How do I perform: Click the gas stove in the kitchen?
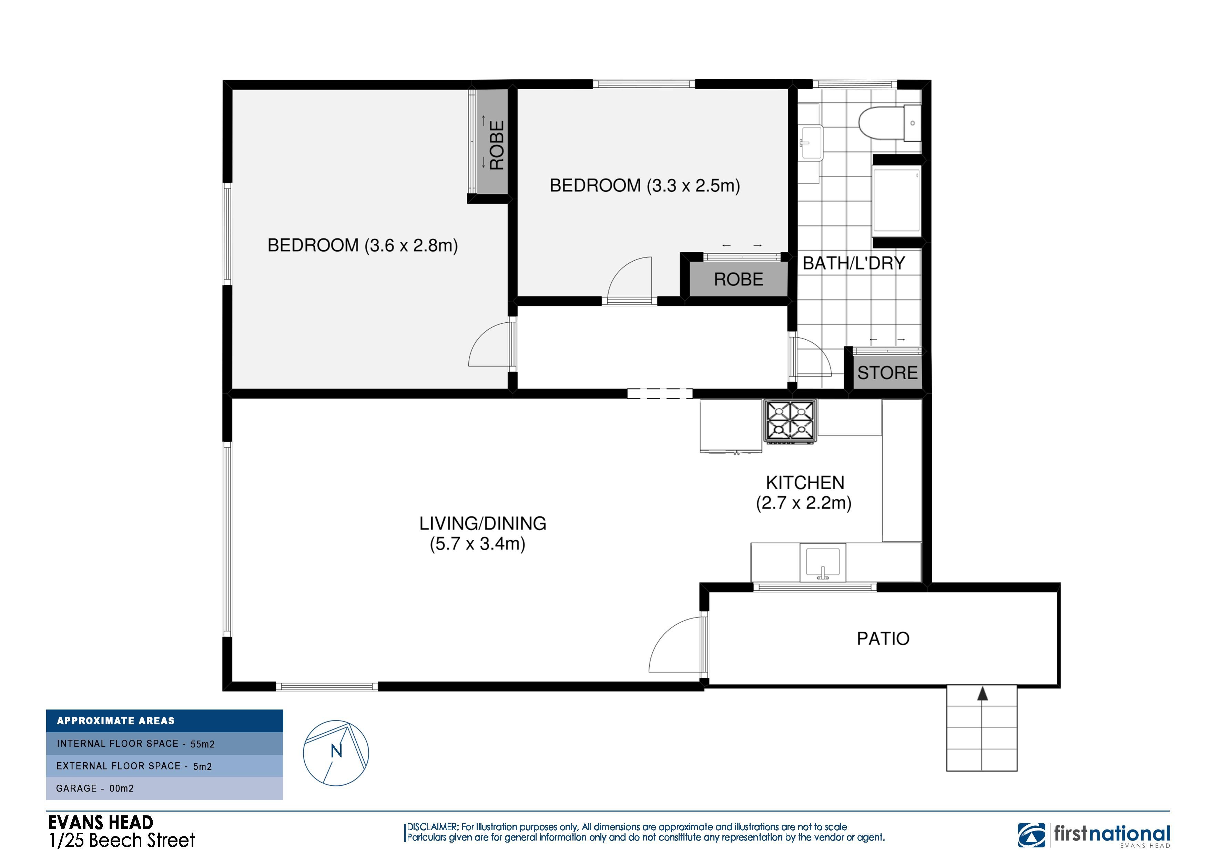tap(791, 421)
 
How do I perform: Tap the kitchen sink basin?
tap(823, 563)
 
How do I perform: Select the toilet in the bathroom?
tap(890, 124)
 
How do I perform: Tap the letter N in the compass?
tap(336, 751)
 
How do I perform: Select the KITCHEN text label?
tap(805, 483)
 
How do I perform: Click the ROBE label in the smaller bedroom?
tap(738, 279)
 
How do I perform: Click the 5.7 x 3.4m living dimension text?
tap(478, 544)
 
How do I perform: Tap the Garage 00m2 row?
tap(165, 788)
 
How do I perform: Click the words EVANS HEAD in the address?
tap(101, 822)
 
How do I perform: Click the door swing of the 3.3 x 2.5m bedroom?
tap(630, 279)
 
